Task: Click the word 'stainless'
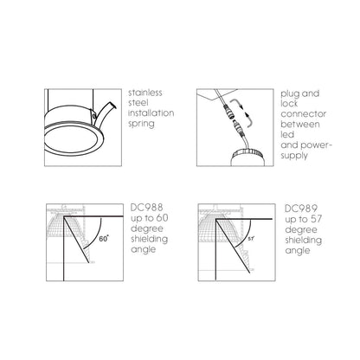pos(145,93)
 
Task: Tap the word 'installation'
pos(151,113)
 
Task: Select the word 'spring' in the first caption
pos(141,124)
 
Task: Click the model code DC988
pos(147,208)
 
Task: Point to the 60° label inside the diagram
pos(104,239)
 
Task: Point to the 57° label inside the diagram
pos(251,239)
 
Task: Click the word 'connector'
pos(304,114)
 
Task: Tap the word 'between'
pos(300,125)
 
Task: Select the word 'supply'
pos(294,156)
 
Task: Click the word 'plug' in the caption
pos(290,94)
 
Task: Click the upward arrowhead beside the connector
pos(247,115)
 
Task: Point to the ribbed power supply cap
pos(247,152)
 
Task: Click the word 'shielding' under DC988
pos(150,239)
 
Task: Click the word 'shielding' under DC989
pos(304,241)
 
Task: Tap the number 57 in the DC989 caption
pos(317,219)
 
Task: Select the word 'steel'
pos(138,103)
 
